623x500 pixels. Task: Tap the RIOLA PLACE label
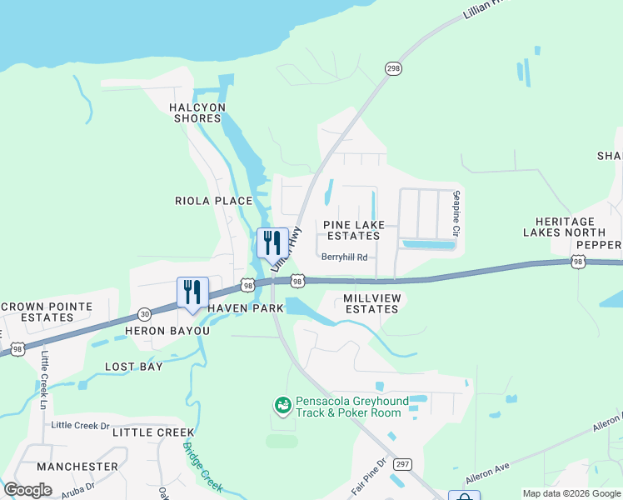coord(213,201)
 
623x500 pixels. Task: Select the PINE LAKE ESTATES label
coord(354,230)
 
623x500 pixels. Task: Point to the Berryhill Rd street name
coord(344,257)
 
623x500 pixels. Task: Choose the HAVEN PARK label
coord(246,308)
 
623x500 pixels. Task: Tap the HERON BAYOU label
coord(167,331)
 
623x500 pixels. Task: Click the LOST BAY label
coord(134,367)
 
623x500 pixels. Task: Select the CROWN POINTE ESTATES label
coord(47,312)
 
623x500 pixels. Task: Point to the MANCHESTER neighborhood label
coord(77,467)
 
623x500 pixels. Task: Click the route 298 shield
coord(392,67)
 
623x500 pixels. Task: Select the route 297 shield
coord(402,463)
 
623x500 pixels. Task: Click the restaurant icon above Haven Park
coord(192,294)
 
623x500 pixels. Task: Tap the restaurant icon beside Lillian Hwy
coord(272,243)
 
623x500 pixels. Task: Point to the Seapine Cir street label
coord(456,212)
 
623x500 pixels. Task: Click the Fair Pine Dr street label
coord(370,476)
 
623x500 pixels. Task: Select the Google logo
coord(28,490)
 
